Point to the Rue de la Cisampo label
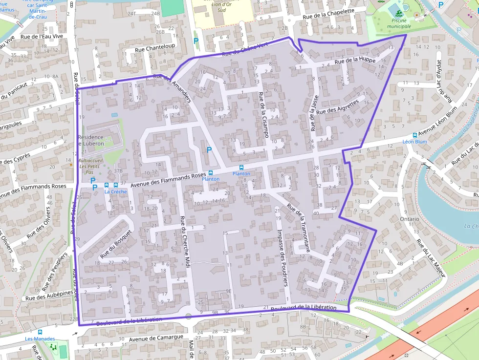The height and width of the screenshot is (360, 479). click(x=263, y=114)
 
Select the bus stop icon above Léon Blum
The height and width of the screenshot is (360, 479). click(x=414, y=135)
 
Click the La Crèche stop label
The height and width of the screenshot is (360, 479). click(x=115, y=191)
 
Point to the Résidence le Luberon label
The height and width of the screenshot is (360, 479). click(x=91, y=140)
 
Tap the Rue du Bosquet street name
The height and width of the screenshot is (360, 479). click(x=116, y=244)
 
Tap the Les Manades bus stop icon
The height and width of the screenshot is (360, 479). click(x=40, y=332)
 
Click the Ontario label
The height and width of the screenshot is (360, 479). click(x=409, y=219)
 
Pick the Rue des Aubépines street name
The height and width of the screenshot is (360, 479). click(x=49, y=296)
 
